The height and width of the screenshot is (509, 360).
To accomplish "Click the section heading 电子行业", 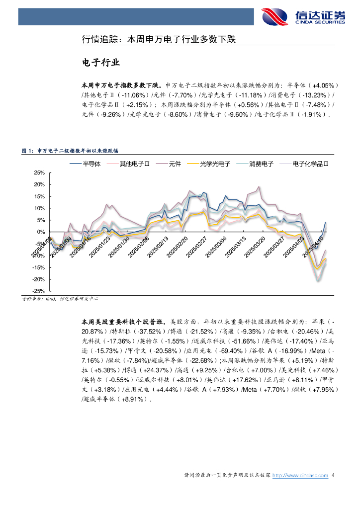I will click(x=100, y=63).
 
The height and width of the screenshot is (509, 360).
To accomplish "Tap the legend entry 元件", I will click(x=169, y=164).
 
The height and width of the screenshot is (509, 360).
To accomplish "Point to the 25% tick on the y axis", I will click(x=39, y=173).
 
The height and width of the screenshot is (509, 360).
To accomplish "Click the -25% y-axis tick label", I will click(x=38, y=291).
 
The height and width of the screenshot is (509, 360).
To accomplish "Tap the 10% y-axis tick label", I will click(x=39, y=208).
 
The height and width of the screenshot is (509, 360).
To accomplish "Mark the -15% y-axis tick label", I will click(x=38, y=267).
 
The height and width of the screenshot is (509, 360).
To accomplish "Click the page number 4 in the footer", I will click(x=334, y=476).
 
